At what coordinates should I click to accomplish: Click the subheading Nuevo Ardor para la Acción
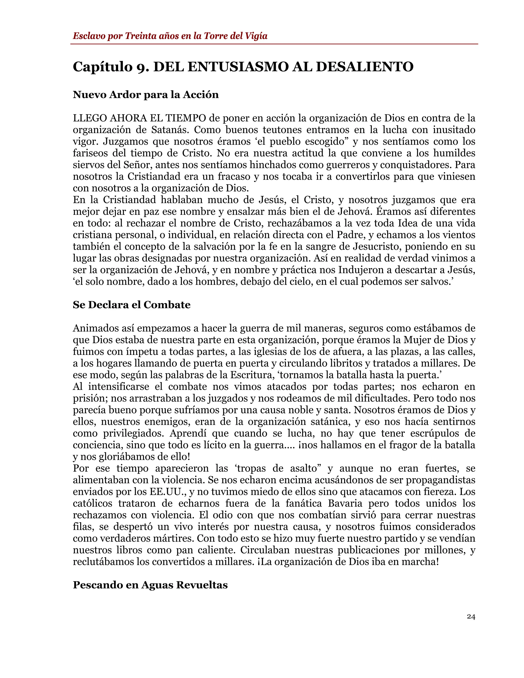(146, 94)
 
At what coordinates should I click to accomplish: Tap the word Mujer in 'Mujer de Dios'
(418, 340)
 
